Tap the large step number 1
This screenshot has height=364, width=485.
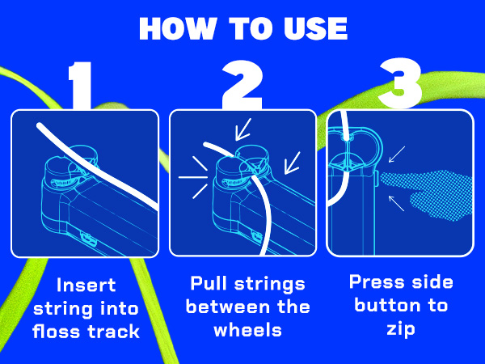82,83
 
